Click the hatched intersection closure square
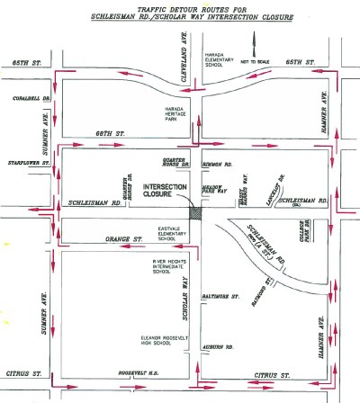[197, 210]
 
